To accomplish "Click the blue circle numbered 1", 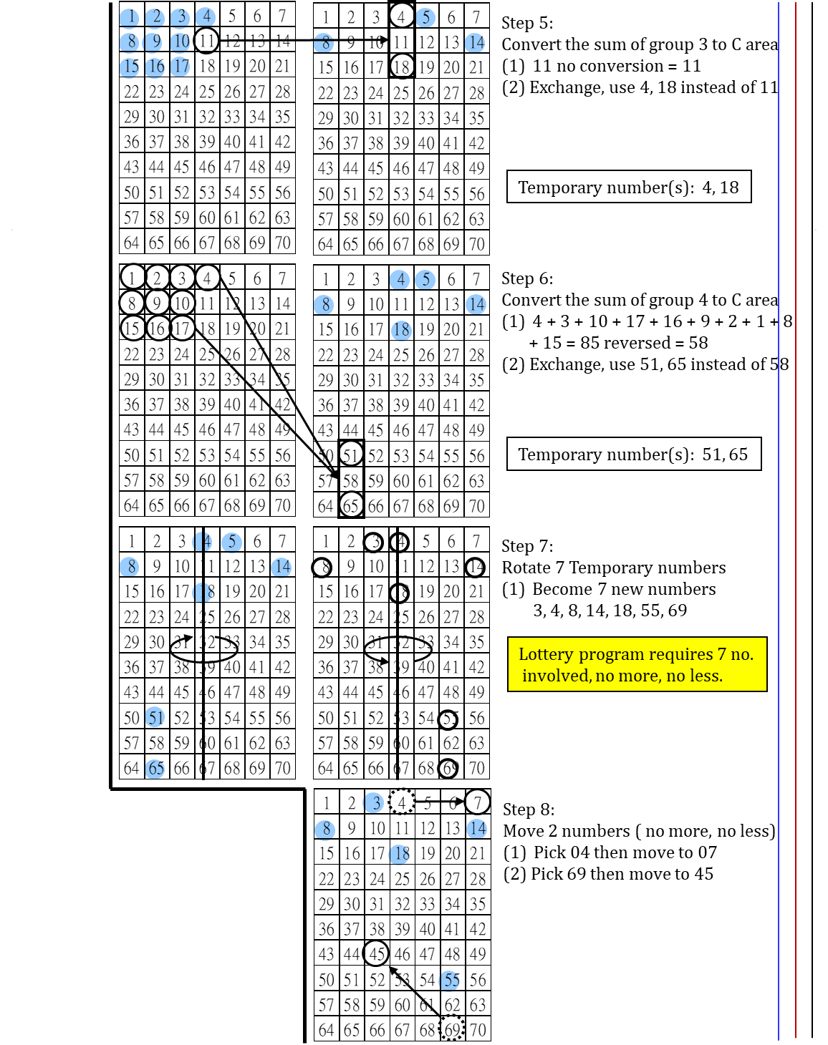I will (x=129, y=17).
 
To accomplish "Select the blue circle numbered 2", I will (x=155, y=17).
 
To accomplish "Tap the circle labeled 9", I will (x=154, y=42).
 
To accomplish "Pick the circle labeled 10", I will (x=180, y=42).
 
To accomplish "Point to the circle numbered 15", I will (x=129, y=67).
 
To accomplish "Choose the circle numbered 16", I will (x=155, y=67).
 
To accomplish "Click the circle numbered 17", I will (x=180, y=67).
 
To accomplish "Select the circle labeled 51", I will (x=155, y=716).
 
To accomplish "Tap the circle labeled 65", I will (x=155, y=769).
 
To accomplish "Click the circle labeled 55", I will (x=449, y=981).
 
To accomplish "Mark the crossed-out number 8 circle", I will (x=324, y=43).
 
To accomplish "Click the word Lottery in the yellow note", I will (x=546, y=654).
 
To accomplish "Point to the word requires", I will (x=680, y=654).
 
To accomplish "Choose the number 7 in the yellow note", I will (x=721, y=654).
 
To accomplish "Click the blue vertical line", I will (x=779, y=501).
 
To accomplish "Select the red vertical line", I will (x=796, y=501).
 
